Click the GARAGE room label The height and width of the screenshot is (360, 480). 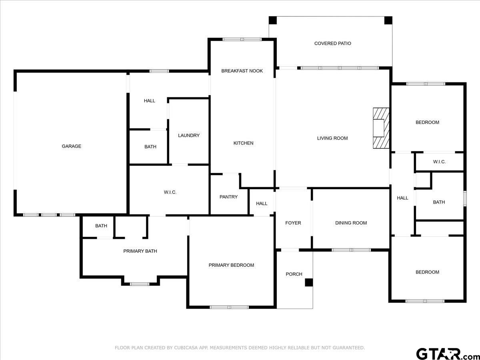72,146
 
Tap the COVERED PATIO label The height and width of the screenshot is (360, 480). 333,44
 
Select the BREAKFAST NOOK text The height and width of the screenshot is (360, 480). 242,71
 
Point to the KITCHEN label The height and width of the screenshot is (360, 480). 243,143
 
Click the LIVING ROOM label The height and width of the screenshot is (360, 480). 332,138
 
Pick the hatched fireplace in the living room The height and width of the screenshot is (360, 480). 381,128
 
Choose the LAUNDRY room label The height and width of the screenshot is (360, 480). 189,136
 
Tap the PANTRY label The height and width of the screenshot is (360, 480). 228,197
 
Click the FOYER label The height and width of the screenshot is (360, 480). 293,223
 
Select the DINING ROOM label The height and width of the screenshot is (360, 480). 351,223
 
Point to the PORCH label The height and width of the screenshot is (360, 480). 294,274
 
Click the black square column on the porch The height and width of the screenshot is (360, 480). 309,282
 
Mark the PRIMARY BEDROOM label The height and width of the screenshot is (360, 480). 231,265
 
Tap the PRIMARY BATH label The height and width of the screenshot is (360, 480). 140,251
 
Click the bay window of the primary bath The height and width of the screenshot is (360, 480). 140,284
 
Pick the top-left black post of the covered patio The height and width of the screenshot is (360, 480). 273,20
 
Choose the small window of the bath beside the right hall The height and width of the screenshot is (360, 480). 465,198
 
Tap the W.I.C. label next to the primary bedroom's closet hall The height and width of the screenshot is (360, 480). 170,192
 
